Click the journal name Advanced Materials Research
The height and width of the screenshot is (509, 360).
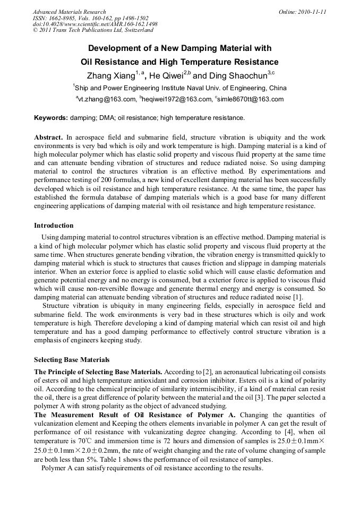[x=69, y=12]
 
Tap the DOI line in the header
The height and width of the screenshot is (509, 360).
[x=95, y=24]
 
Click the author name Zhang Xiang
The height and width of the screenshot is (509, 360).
[x=111, y=75]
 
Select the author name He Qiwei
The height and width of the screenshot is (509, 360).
[x=166, y=75]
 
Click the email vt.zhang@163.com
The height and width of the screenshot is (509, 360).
[x=108, y=99]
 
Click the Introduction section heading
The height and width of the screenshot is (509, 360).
[x=54, y=226]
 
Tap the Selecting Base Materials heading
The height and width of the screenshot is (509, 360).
[x=72, y=359]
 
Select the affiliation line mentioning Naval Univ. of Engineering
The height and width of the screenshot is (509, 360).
[x=180, y=88]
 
